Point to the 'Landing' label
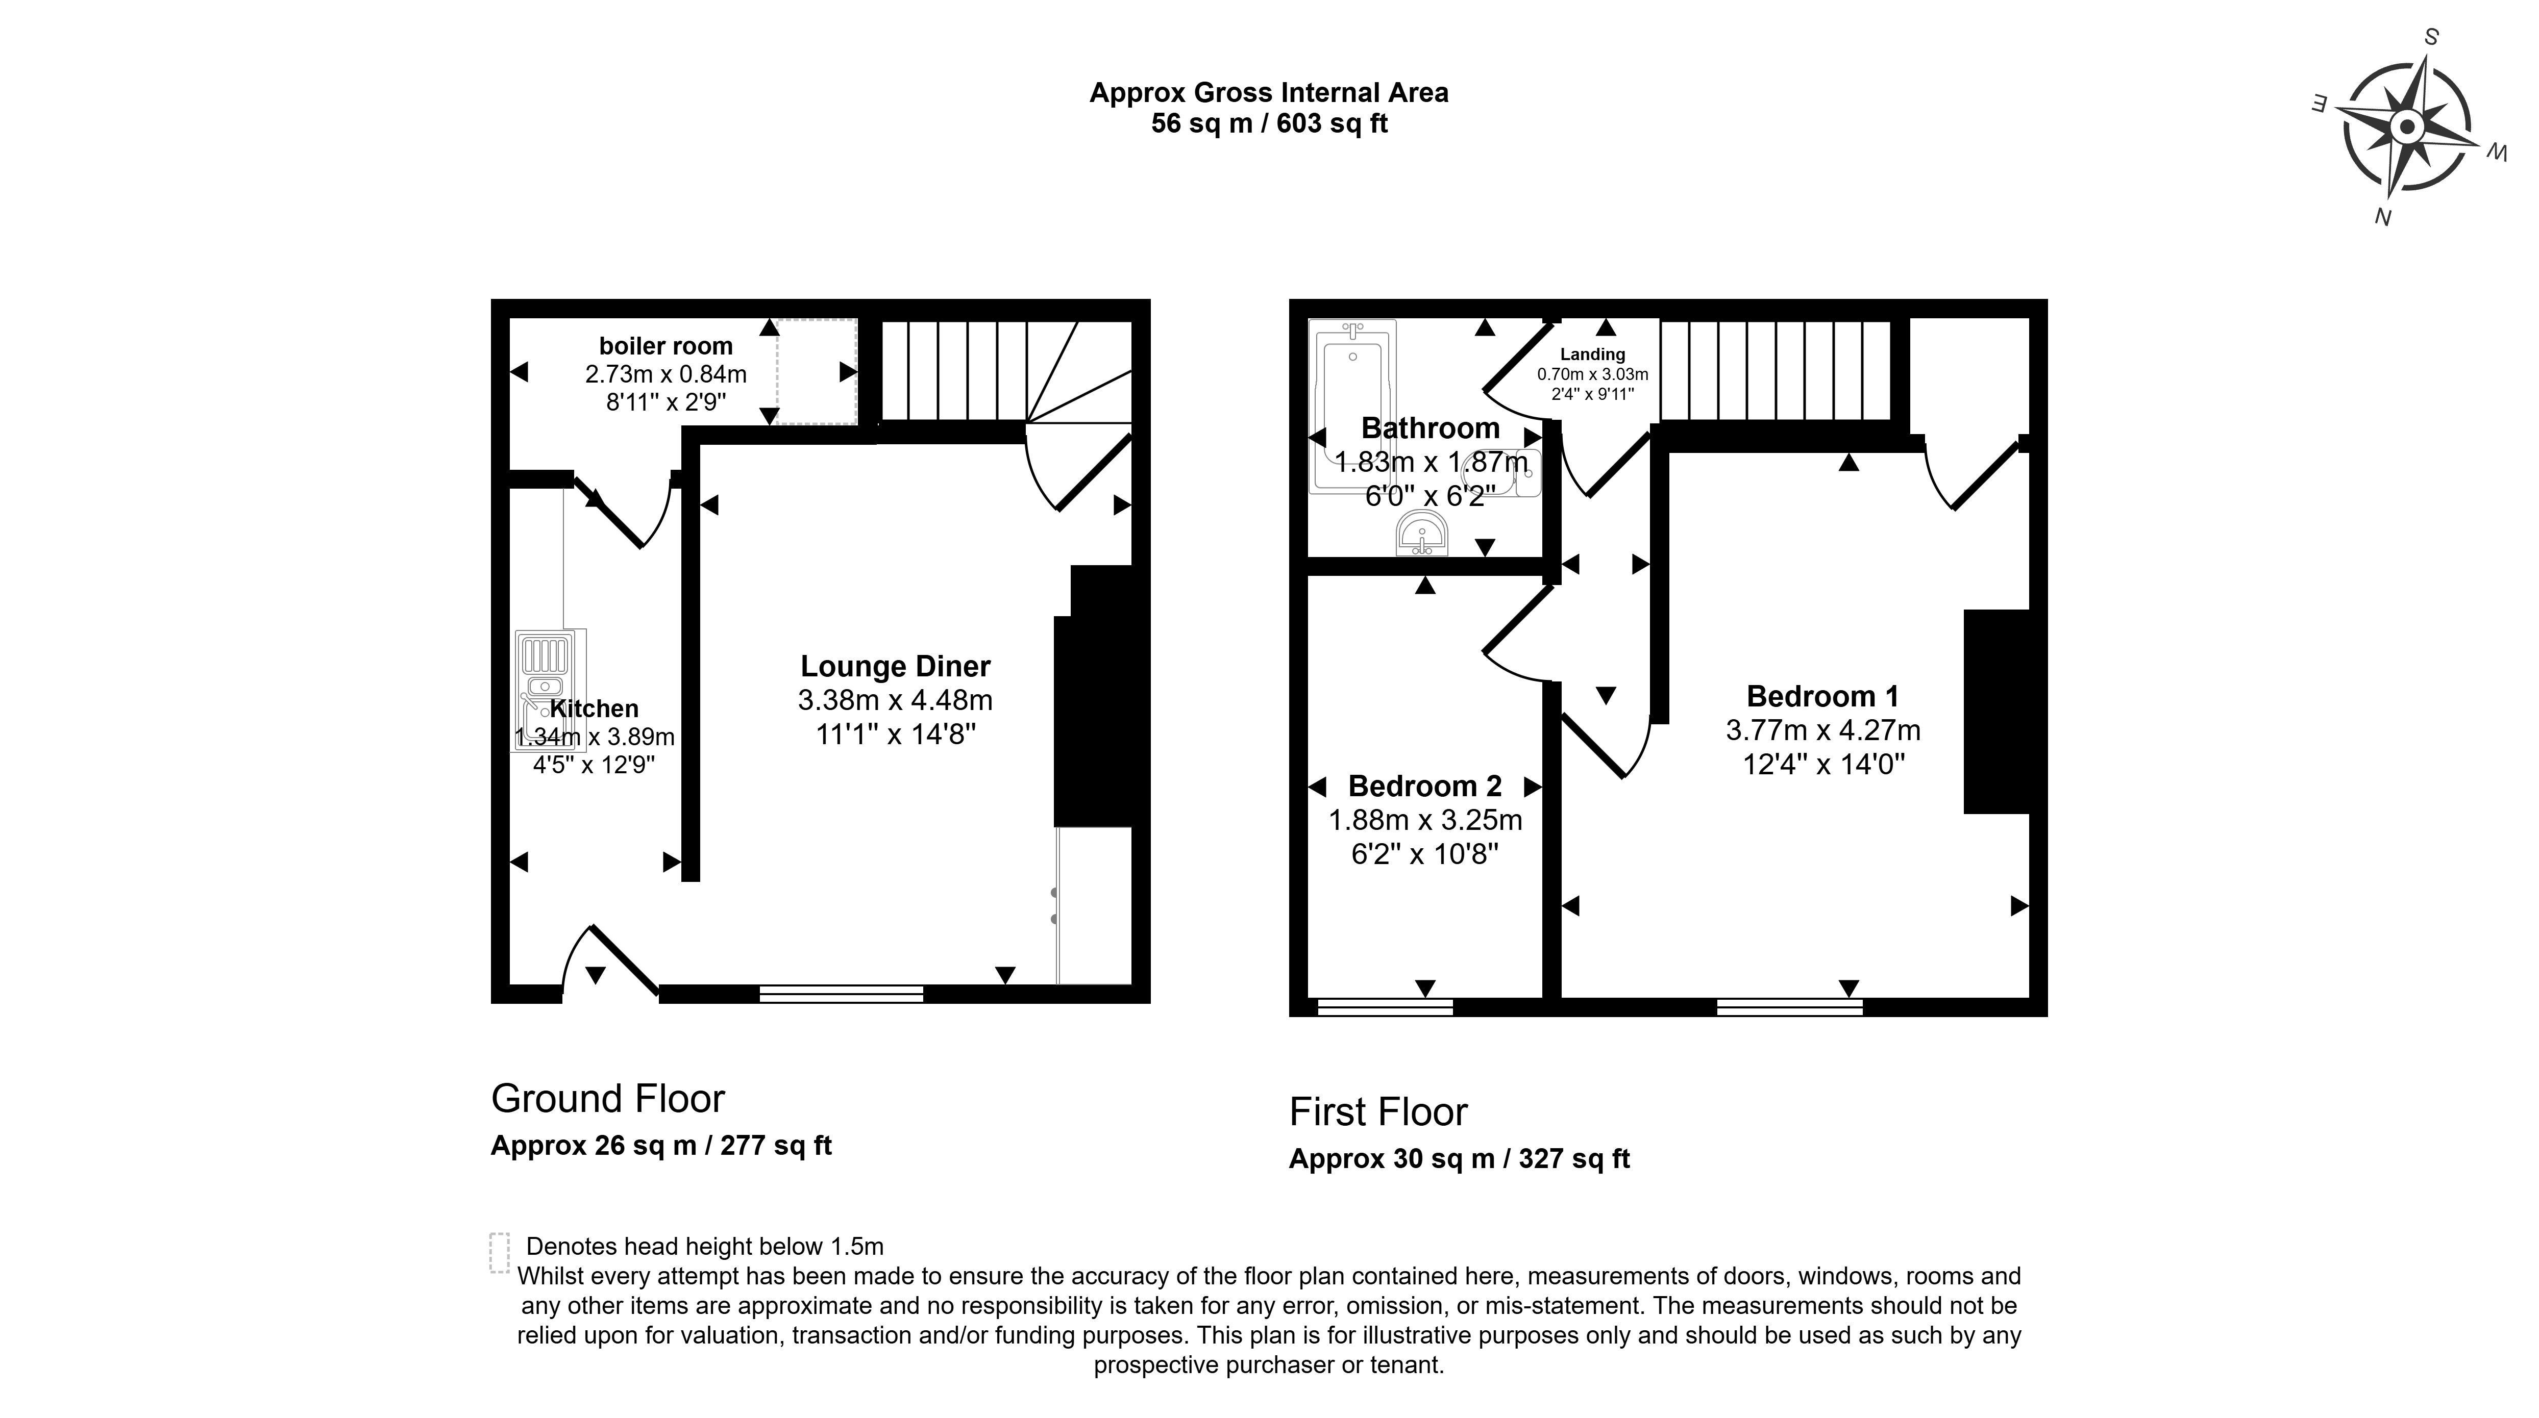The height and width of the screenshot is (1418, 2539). (1592, 354)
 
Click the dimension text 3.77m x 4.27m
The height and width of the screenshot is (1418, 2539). (1822, 730)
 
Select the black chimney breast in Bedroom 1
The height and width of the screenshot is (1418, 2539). (1996, 712)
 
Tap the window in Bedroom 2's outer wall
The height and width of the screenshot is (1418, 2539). (1384, 1006)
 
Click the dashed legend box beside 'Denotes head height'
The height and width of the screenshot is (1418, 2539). (500, 1252)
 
